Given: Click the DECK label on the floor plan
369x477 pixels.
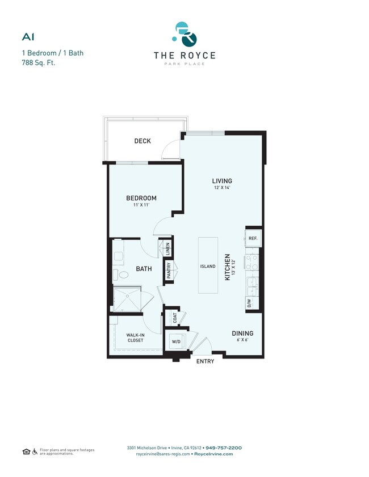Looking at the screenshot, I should click(142, 141).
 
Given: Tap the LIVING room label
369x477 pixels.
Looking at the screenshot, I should click(222, 181).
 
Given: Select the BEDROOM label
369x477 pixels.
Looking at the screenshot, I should click(141, 198).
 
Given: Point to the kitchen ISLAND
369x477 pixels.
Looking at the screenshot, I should click(208, 265).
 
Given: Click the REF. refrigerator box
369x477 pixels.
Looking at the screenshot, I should click(253, 239).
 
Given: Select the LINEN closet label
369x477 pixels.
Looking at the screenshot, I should click(167, 249).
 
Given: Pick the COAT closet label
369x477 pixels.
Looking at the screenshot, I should click(175, 318).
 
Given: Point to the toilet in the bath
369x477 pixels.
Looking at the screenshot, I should click(122, 275).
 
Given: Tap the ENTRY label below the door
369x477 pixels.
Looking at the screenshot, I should click(205, 361).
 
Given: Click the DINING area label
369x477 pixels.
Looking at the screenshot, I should click(242, 333).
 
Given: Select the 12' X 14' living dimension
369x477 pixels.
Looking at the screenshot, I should click(222, 188).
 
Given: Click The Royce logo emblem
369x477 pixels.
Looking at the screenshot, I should click(184, 35).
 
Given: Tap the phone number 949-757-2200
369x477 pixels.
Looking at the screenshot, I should click(223, 448).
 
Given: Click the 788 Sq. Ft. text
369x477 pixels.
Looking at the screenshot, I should click(40, 64).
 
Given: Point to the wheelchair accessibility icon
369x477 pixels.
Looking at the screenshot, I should click(35, 451).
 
